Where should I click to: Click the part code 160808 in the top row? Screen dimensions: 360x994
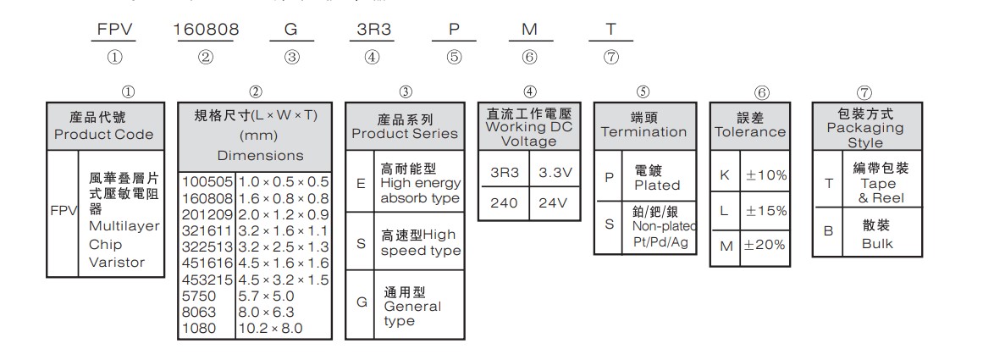click(x=206, y=30)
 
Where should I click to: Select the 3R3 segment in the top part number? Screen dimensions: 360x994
click(x=370, y=30)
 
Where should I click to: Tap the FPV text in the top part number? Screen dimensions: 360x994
click(x=113, y=30)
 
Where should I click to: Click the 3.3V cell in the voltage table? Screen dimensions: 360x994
click(x=555, y=173)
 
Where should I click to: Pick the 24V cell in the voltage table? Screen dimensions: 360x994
click(x=555, y=204)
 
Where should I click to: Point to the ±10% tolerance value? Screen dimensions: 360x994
click(x=766, y=175)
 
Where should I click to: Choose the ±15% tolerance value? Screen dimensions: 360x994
click(x=766, y=210)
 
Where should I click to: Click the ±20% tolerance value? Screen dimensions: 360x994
click(x=766, y=245)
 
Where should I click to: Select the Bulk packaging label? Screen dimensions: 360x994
click(x=877, y=244)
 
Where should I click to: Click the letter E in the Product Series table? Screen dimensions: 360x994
click(x=361, y=182)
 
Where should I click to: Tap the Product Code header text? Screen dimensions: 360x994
click(x=104, y=135)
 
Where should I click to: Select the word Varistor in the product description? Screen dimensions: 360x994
click(x=117, y=262)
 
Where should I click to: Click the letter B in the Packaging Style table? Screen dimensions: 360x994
click(x=828, y=230)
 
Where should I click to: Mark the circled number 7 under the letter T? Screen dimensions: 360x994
click(x=612, y=58)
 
